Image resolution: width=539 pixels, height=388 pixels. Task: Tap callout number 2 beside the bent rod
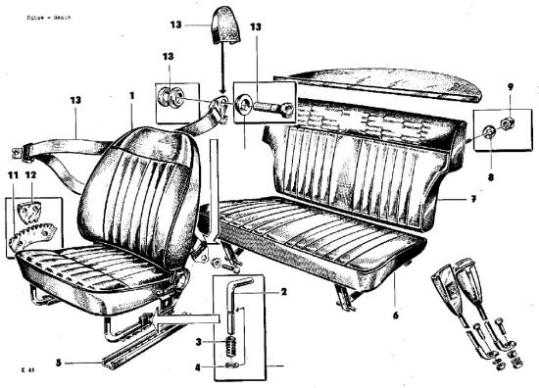284,292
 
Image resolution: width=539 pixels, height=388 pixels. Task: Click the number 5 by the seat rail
58,364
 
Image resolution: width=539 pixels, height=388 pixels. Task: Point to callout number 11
13,174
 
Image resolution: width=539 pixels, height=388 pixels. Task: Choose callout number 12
29,174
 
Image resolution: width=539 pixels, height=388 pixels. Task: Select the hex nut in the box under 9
511,123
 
